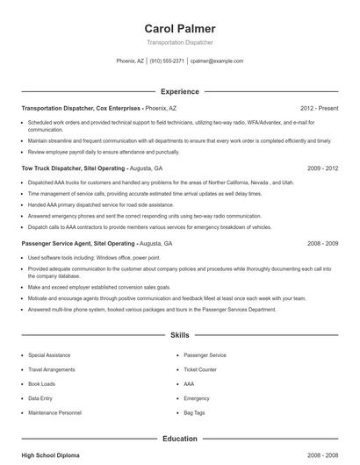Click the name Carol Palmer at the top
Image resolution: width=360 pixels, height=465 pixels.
[x=179, y=28]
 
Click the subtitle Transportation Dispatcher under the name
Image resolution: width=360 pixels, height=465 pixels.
[x=179, y=42]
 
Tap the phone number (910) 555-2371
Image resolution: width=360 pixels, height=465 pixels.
[x=167, y=61]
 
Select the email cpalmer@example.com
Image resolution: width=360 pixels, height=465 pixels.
[x=217, y=61]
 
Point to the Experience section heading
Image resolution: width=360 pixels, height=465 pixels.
[x=179, y=91]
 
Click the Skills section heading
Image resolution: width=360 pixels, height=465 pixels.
[x=179, y=335]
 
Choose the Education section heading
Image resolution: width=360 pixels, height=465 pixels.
[x=179, y=439]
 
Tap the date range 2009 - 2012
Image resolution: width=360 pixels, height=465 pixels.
[x=322, y=168]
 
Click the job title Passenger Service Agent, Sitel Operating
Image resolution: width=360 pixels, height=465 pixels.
[x=79, y=243]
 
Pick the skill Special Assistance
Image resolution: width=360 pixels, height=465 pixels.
[x=49, y=355]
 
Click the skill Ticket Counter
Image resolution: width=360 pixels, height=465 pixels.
[x=200, y=369]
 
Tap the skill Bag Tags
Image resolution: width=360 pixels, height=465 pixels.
[x=194, y=412]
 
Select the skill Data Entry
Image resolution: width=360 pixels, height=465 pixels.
[x=40, y=398]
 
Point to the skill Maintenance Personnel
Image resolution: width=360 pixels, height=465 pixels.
[x=54, y=412]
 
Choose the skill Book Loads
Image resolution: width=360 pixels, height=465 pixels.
[x=42, y=383]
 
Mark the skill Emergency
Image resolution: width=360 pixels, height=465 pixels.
[x=197, y=398]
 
